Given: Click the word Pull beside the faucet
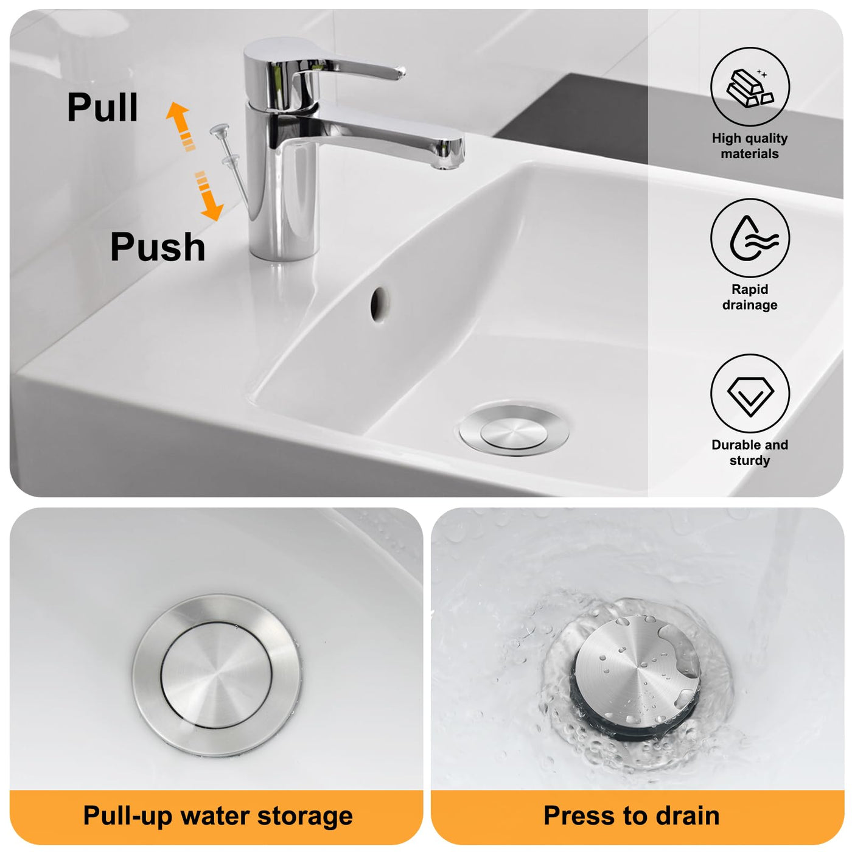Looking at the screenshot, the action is tap(102, 107).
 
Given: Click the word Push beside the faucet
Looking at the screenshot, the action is tap(158, 246).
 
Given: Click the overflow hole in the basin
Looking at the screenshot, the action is tap(379, 304).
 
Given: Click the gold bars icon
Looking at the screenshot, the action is tap(750, 88).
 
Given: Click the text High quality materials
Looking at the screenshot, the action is tap(750, 146).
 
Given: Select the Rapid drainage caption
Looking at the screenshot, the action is tap(750, 297).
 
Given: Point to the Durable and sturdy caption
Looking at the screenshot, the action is tap(750, 452).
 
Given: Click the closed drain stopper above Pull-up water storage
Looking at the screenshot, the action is tap(216, 675).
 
